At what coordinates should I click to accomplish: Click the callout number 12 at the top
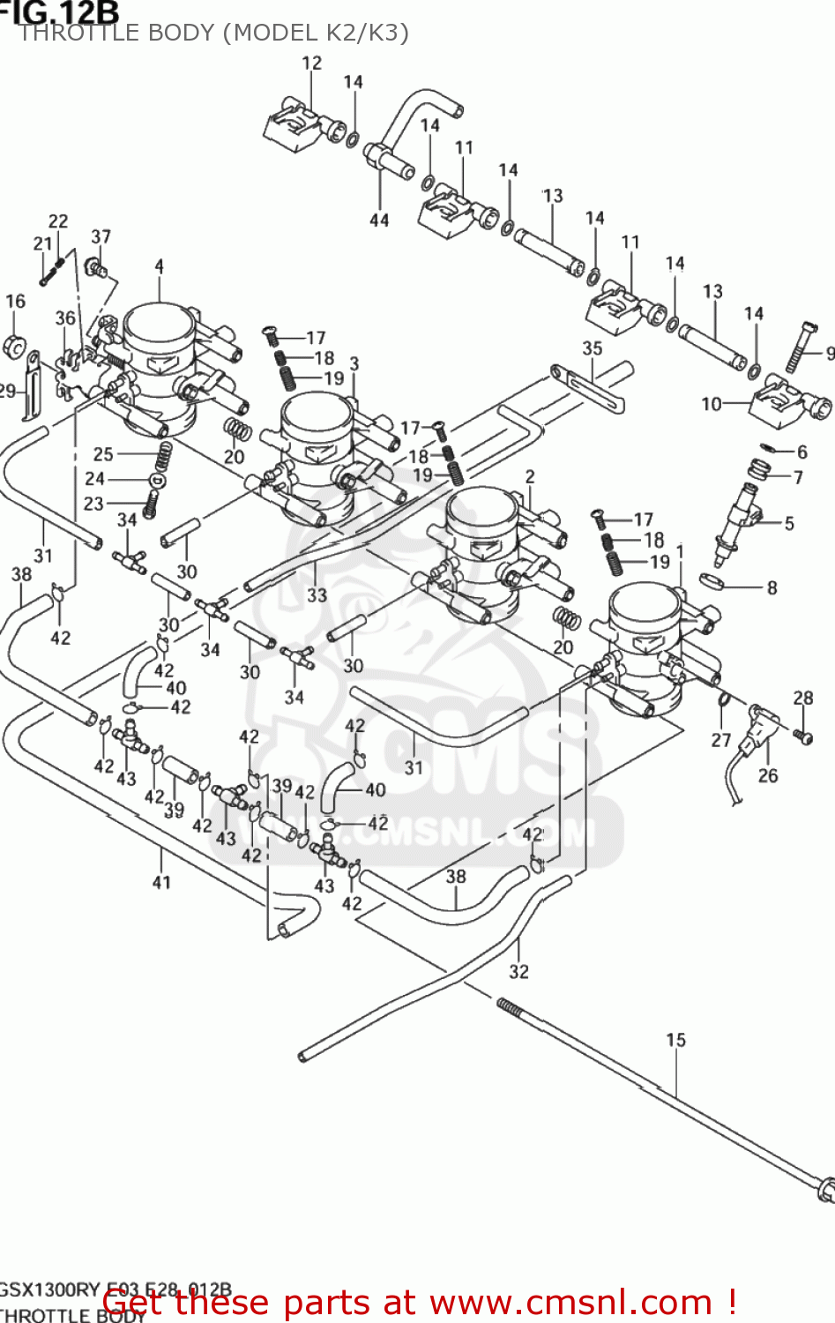(312, 63)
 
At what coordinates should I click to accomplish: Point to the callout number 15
(675, 1040)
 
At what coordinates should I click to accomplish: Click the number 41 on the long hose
(161, 881)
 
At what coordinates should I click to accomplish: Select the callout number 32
(518, 971)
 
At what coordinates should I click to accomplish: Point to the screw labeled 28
(803, 735)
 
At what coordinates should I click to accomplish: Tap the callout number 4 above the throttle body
(159, 265)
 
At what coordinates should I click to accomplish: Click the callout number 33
(317, 595)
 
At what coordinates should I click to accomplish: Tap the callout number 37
(101, 236)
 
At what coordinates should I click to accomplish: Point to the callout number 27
(721, 739)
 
